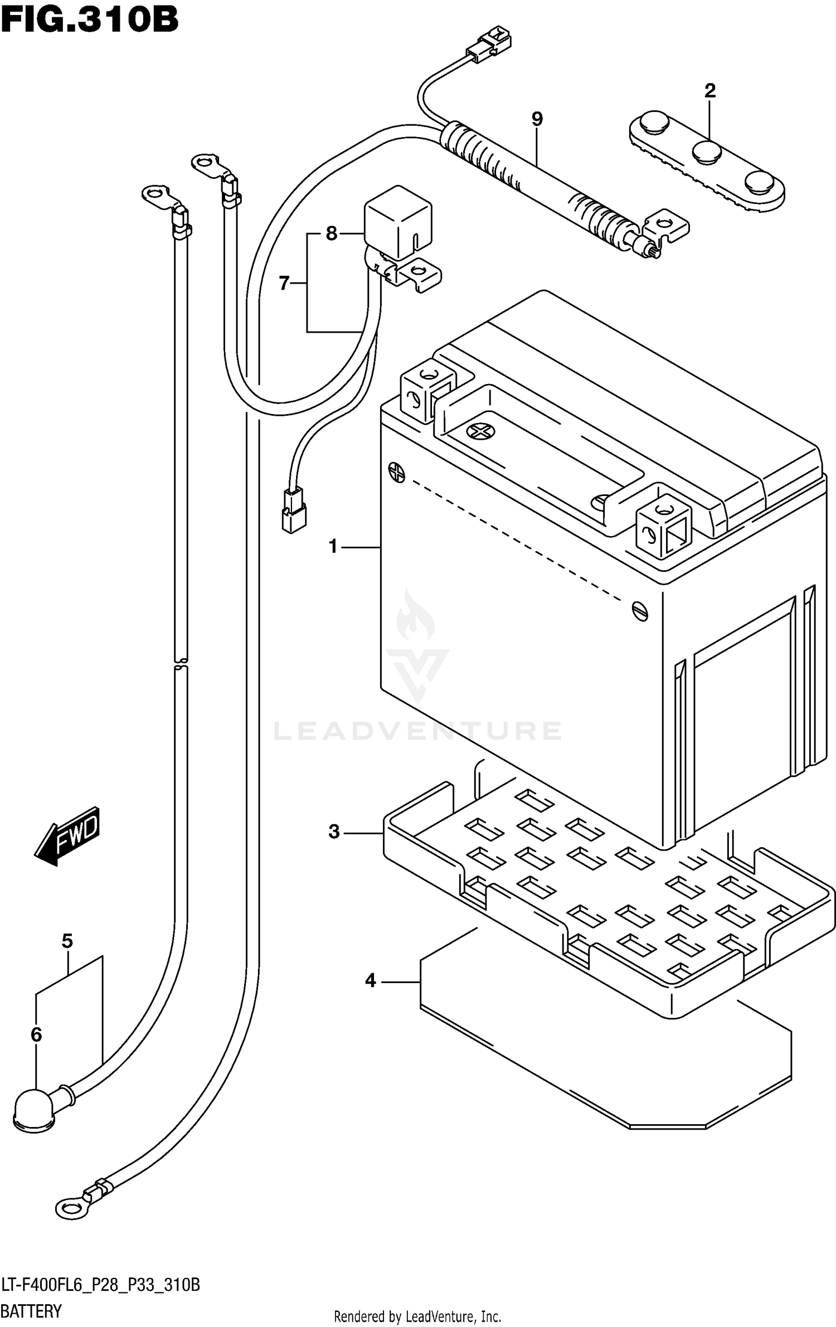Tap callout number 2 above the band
(709, 90)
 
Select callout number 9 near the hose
(537, 119)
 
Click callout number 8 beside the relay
(332, 234)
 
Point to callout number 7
(284, 284)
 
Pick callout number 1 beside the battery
(333, 547)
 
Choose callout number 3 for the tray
(334, 832)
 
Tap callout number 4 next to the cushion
(371, 980)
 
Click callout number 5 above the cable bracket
(67, 941)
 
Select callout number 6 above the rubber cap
(36, 1035)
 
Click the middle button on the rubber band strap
(707, 152)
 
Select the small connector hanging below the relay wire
(293, 509)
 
